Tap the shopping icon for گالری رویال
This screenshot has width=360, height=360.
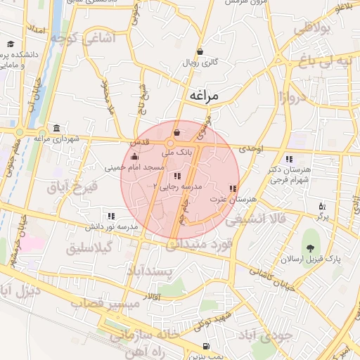pyautogui.click(x=201, y=51)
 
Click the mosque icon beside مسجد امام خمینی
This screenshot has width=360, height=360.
pyautogui.click(x=134, y=157)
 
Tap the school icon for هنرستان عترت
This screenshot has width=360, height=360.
pyautogui.click(x=233, y=188)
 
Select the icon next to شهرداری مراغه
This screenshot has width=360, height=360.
pyautogui.click(x=54, y=127)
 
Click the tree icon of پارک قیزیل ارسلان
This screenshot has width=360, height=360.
pyautogui.click(x=309, y=247)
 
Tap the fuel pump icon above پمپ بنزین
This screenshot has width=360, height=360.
pyautogui.click(x=205, y=346)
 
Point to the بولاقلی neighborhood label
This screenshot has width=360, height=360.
pyautogui.click(x=311, y=30)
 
